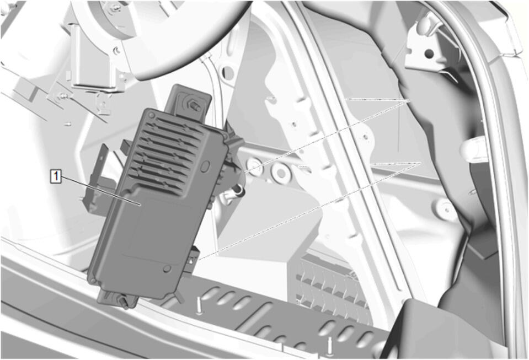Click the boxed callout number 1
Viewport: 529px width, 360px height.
click(x=56, y=176)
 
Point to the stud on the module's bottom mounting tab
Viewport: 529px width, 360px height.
click(x=124, y=302)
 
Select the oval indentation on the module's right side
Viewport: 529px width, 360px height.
click(x=205, y=166)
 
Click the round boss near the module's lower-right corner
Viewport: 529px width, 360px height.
click(x=166, y=268)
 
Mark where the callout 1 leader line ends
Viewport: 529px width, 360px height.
click(x=140, y=205)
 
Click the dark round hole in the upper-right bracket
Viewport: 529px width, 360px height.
click(x=429, y=53)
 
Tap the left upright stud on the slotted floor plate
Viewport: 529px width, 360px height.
click(x=199, y=306)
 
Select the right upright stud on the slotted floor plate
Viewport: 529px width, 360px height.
click(x=330, y=346)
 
